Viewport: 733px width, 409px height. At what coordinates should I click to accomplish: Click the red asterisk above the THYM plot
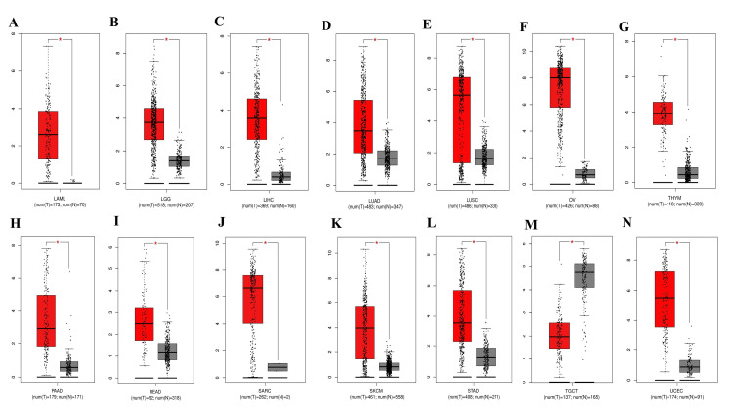pyautogui.click(x=675, y=40)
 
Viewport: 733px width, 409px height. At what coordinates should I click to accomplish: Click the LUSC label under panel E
pyautogui.click(x=464, y=193)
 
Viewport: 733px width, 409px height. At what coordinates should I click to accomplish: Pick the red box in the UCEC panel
pyautogui.click(x=665, y=299)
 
